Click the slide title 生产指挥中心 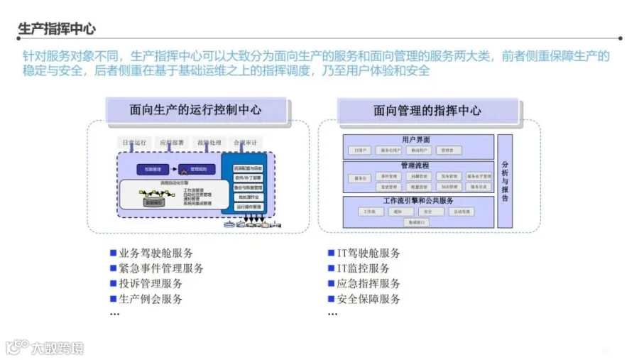point(56,29)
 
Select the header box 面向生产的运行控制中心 point(195,110)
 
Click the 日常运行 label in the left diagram point(133,143)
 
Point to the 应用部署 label point(172,143)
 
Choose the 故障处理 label point(209,143)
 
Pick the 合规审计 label point(246,143)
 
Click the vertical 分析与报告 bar point(505,180)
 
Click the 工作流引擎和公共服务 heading point(418,201)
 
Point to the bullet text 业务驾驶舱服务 point(155,253)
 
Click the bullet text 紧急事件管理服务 point(161,268)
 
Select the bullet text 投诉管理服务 point(151,283)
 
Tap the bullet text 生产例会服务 point(151,299)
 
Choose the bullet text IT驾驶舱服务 point(368,253)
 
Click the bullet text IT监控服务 point(364,268)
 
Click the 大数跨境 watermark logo point(45,347)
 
